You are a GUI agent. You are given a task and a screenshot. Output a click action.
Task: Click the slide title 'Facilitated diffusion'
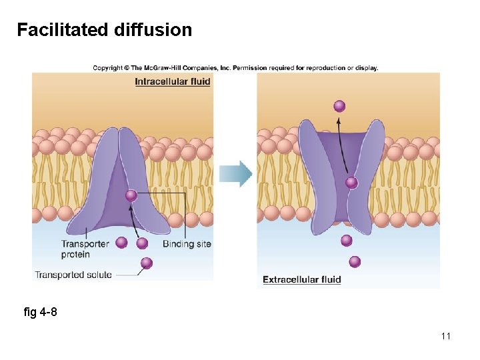[104, 30]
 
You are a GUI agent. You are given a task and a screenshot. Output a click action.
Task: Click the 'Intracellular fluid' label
[172, 81]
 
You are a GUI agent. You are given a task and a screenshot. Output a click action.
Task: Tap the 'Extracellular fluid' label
[301, 279]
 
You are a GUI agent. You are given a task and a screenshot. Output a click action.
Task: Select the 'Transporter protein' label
[85, 249]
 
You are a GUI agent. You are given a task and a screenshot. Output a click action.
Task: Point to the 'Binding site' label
[187, 244]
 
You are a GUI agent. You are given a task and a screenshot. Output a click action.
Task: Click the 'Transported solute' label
[73, 275]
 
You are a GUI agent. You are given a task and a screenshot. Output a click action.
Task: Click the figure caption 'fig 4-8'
[40, 312]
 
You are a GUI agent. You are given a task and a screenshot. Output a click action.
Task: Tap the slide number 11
[445, 336]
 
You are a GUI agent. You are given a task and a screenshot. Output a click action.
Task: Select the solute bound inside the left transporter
[131, 195]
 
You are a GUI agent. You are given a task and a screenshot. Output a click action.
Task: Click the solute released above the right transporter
[339, 105]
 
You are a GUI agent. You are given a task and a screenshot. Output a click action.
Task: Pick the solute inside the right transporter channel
[351, 183]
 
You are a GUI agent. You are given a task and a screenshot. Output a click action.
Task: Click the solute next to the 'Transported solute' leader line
[147, 263]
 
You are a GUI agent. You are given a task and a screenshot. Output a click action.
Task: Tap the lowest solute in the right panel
[355, 261]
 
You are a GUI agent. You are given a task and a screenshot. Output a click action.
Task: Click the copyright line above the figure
[235, 67]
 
